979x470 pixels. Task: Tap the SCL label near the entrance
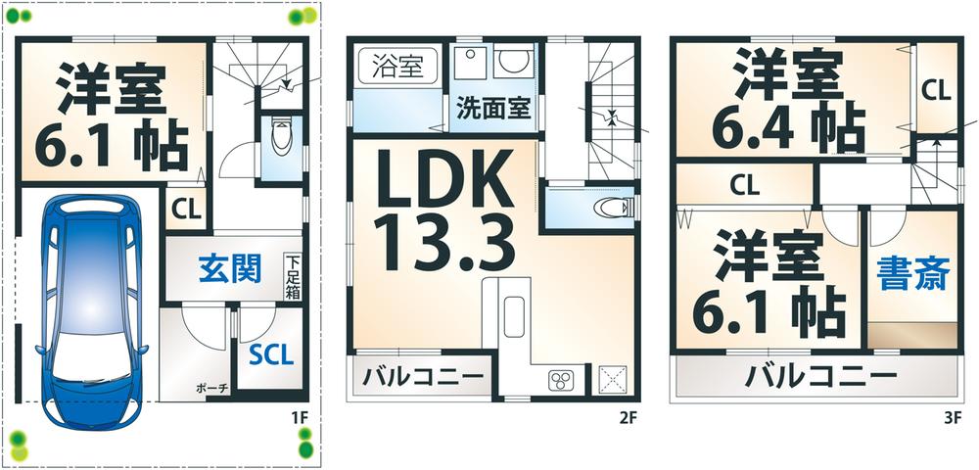tap(270, 354)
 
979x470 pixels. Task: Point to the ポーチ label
tap(211, 389)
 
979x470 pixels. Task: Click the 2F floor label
tap(628, 417)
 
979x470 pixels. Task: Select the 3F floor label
tap(952, 417)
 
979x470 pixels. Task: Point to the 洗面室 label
tap(493, 108)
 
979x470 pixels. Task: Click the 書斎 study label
tap(911, 273)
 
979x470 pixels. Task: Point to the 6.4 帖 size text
tap(792, 123)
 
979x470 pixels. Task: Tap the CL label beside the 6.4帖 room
tap(935, 92)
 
